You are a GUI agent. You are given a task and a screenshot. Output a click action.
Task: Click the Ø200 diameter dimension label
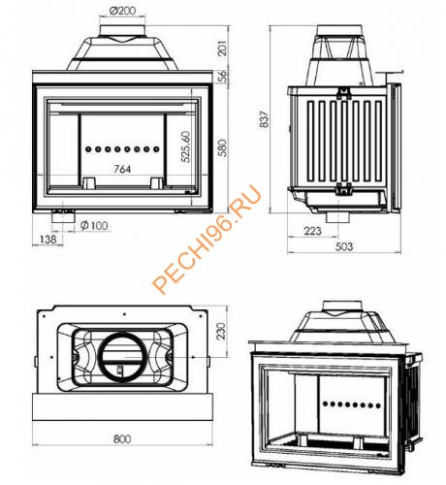(122, 10)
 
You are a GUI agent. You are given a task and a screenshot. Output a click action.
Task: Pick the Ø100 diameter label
(94, 227)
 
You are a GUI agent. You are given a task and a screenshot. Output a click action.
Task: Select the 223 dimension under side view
(312, 230)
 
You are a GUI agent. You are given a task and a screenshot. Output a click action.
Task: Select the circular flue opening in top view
(122, 354)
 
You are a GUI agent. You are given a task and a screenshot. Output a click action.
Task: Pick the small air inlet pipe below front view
(62, 217)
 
